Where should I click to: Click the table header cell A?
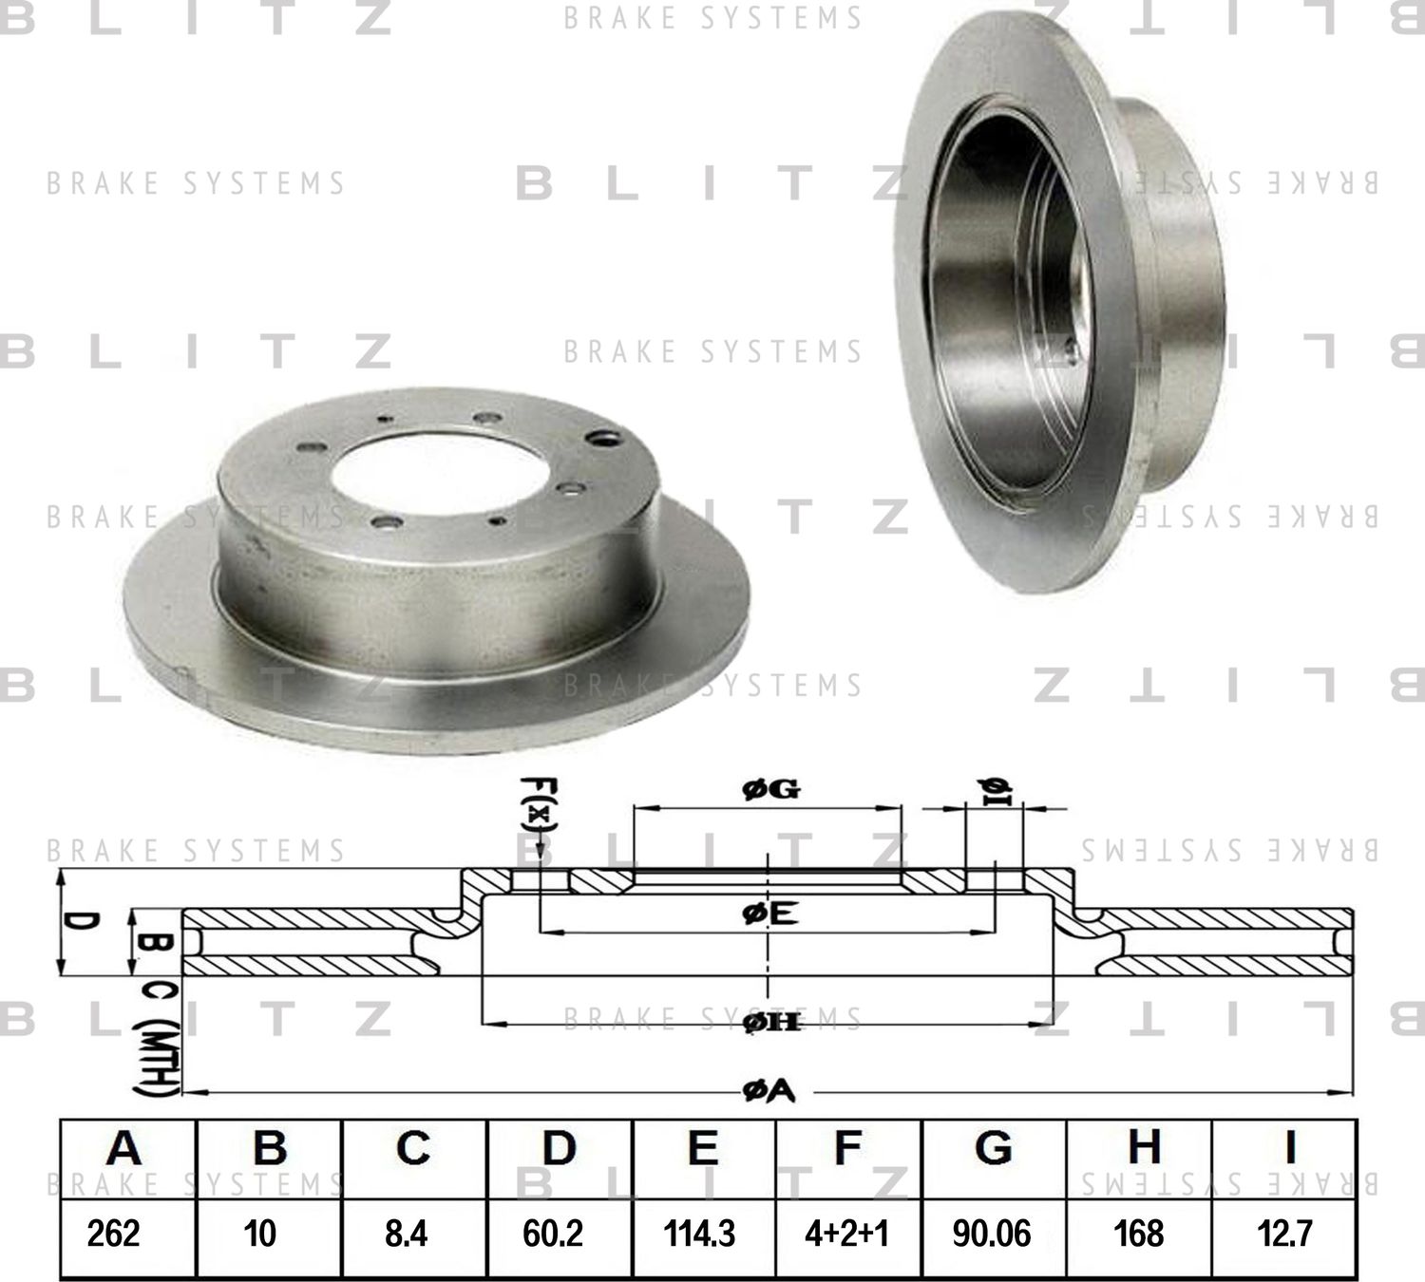[124, 1149]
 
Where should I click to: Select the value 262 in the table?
[113, 1234]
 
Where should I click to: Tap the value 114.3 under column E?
[699, 1234]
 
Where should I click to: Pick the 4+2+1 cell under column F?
[846, 1234]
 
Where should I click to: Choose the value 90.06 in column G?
[991, 1234]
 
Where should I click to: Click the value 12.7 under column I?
[1285, 1234]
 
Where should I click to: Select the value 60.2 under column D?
[553, 1234]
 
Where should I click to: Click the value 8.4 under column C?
[407, 1234]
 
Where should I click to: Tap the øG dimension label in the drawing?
[770, 788]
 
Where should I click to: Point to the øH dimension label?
[770, 1023]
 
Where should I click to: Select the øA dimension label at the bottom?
[769, 1093]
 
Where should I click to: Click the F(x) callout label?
[539, 812]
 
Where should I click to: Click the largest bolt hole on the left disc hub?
[602, 438]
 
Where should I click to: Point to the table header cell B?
[270, 1149]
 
